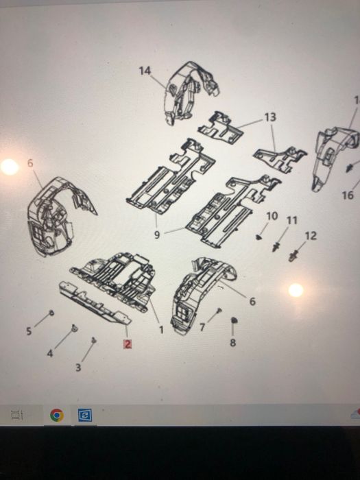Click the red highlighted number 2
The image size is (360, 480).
(128, 344)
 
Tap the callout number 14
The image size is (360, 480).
(145, 71)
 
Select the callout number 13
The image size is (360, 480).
(270, 117)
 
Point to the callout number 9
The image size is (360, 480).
(157, 235)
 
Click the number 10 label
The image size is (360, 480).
(272, 216)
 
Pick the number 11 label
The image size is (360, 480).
(291, 220)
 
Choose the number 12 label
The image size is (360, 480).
(311, 236)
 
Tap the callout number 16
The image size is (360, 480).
(348, 195)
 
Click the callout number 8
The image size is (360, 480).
(232, 343)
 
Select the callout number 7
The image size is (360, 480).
(202, 327)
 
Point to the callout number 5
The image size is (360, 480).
(29, 331)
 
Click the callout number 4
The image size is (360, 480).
(50, 354)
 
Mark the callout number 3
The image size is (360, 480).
(78, 368)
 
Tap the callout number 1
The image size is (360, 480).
(161, 330)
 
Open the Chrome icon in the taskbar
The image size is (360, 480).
(57, 415)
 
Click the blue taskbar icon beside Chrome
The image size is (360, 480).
(85, 415)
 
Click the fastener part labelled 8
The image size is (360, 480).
(234, 320)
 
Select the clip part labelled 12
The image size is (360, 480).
(293, 256)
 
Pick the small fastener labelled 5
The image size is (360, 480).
(51, 313)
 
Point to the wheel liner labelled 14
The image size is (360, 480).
(190, 92)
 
